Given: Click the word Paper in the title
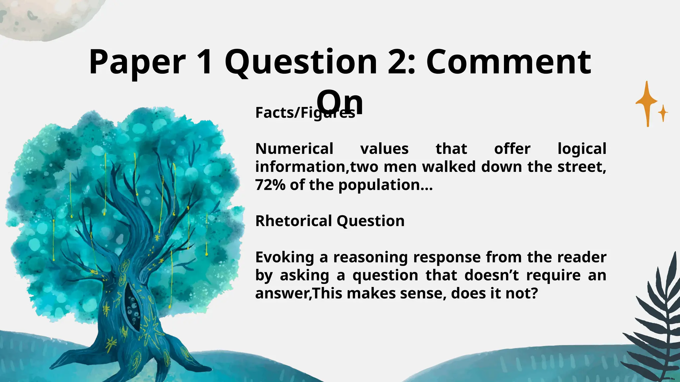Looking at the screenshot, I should click(137, 62).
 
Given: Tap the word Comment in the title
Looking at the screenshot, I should click(508, 62).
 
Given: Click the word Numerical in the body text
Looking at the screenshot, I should click(294, 149).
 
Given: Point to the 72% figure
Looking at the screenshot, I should click(270, 185).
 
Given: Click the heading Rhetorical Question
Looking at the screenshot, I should click(330, 221).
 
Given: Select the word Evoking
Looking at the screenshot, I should click(285, 257).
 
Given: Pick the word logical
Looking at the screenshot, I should click(582, 149).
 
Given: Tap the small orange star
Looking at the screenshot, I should click(663, 113).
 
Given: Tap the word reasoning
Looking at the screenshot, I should click(370, 257).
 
